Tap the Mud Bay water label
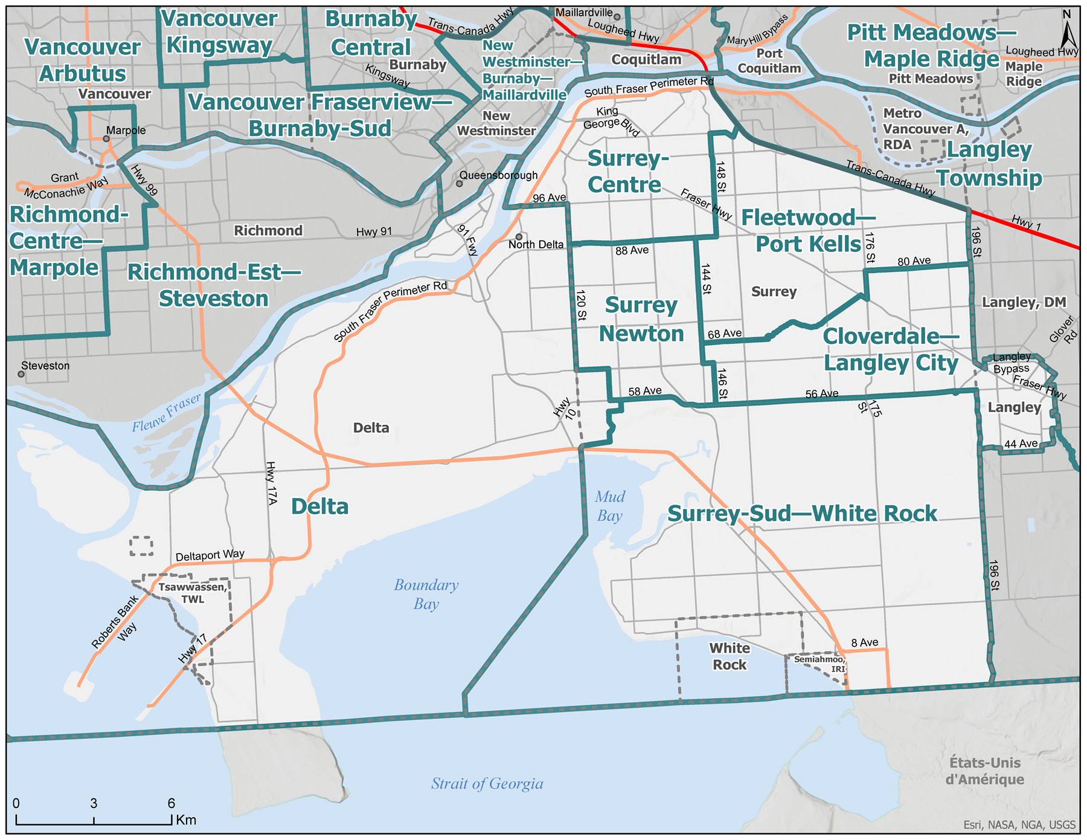pyautogui.click(x=609, y=506)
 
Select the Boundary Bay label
pyautogui.click(x=426, y=594)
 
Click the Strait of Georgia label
pyautogui.click(x=487, y=784)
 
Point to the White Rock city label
pyautogui.click(x=729, y=656)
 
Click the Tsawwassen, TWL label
pyautogui.click(x=193, y=593)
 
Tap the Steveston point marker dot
pyautogui.click(x=21, y=374)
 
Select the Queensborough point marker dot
pyautogui.click(x=459, y=183)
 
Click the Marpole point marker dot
pyautogui.click(x=106, y=138)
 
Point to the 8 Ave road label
pyautogui.click(x=865, y=642)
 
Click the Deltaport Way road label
pyautogui.click(x=210, y=555)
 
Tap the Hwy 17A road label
pyautogui.click(x=271, y=483)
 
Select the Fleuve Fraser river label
pyautogui.click(x=166, y=413)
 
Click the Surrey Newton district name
pyautogui.click(x=641, y=319)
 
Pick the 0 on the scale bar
pyautogui.click(x=16, y=803)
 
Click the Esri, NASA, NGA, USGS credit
pyautogui.click(x=1019, y=825)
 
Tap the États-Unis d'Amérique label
pyautogui.click(x=984, y=771)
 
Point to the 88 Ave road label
pyautogui.click(x=632, y=250)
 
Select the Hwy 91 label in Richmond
pyautogui.click(x=374, y=231)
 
